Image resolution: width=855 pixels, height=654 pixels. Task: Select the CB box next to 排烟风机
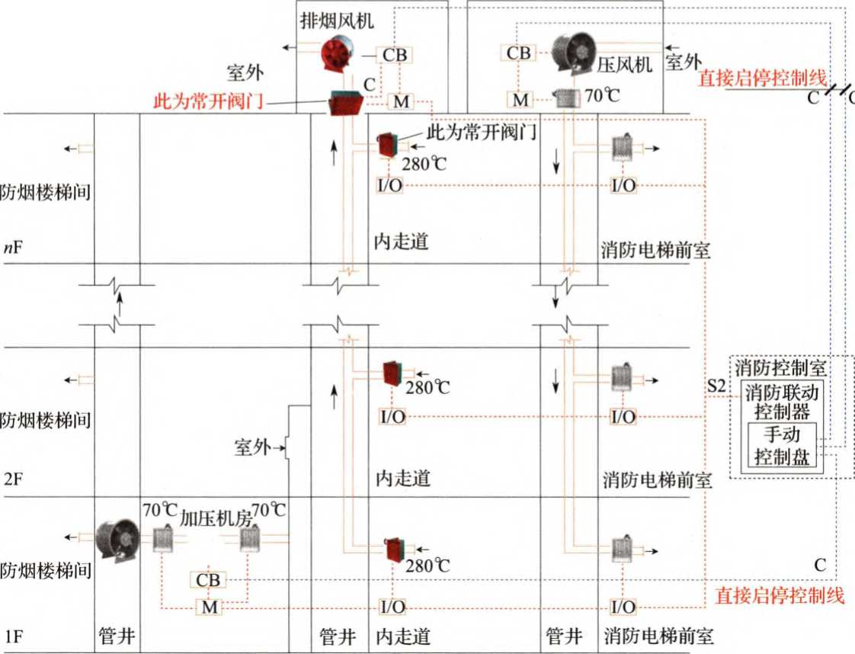[394, 55]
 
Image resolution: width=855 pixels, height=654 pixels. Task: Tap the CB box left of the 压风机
[519, 53]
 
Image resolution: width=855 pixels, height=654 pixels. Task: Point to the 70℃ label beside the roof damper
[603, 96]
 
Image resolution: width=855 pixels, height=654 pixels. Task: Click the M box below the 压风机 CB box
[520, 99]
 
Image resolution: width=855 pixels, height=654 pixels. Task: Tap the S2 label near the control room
[715, 386]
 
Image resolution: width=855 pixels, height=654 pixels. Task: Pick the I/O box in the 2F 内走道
[392, 417]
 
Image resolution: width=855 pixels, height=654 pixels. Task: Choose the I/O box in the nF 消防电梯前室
[624, 185]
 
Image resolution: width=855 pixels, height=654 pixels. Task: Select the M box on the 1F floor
[208, 608]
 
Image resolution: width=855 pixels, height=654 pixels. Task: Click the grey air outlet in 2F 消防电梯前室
[623, 378]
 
